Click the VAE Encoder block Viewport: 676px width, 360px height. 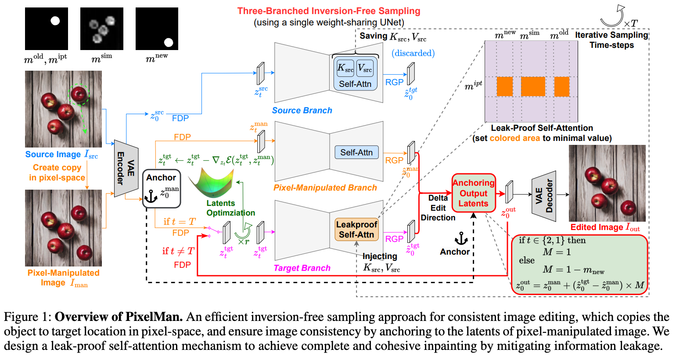click(126, 169)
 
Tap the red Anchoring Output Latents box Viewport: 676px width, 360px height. click(473, 193)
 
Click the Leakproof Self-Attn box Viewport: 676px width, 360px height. click(356, 230)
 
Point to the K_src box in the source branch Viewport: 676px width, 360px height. click(345, 68)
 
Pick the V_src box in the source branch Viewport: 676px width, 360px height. click(365, 68)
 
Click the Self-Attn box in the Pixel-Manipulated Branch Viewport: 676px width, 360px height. click(356, 152)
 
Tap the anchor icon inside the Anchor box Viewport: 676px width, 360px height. click(151, 196)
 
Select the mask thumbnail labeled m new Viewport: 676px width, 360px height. click(157, 29)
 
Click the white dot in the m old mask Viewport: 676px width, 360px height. click(55, 21)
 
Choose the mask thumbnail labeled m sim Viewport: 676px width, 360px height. click(101, 29)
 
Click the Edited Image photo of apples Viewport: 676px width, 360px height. click(607, 183)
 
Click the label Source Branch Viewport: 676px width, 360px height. click(302, 111)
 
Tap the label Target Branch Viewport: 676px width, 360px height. click(302, 268)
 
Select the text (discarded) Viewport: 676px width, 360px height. click(413, 53)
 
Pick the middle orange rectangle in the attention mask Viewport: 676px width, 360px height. click(533, 86)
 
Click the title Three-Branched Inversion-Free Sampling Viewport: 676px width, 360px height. click(328, 11)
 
